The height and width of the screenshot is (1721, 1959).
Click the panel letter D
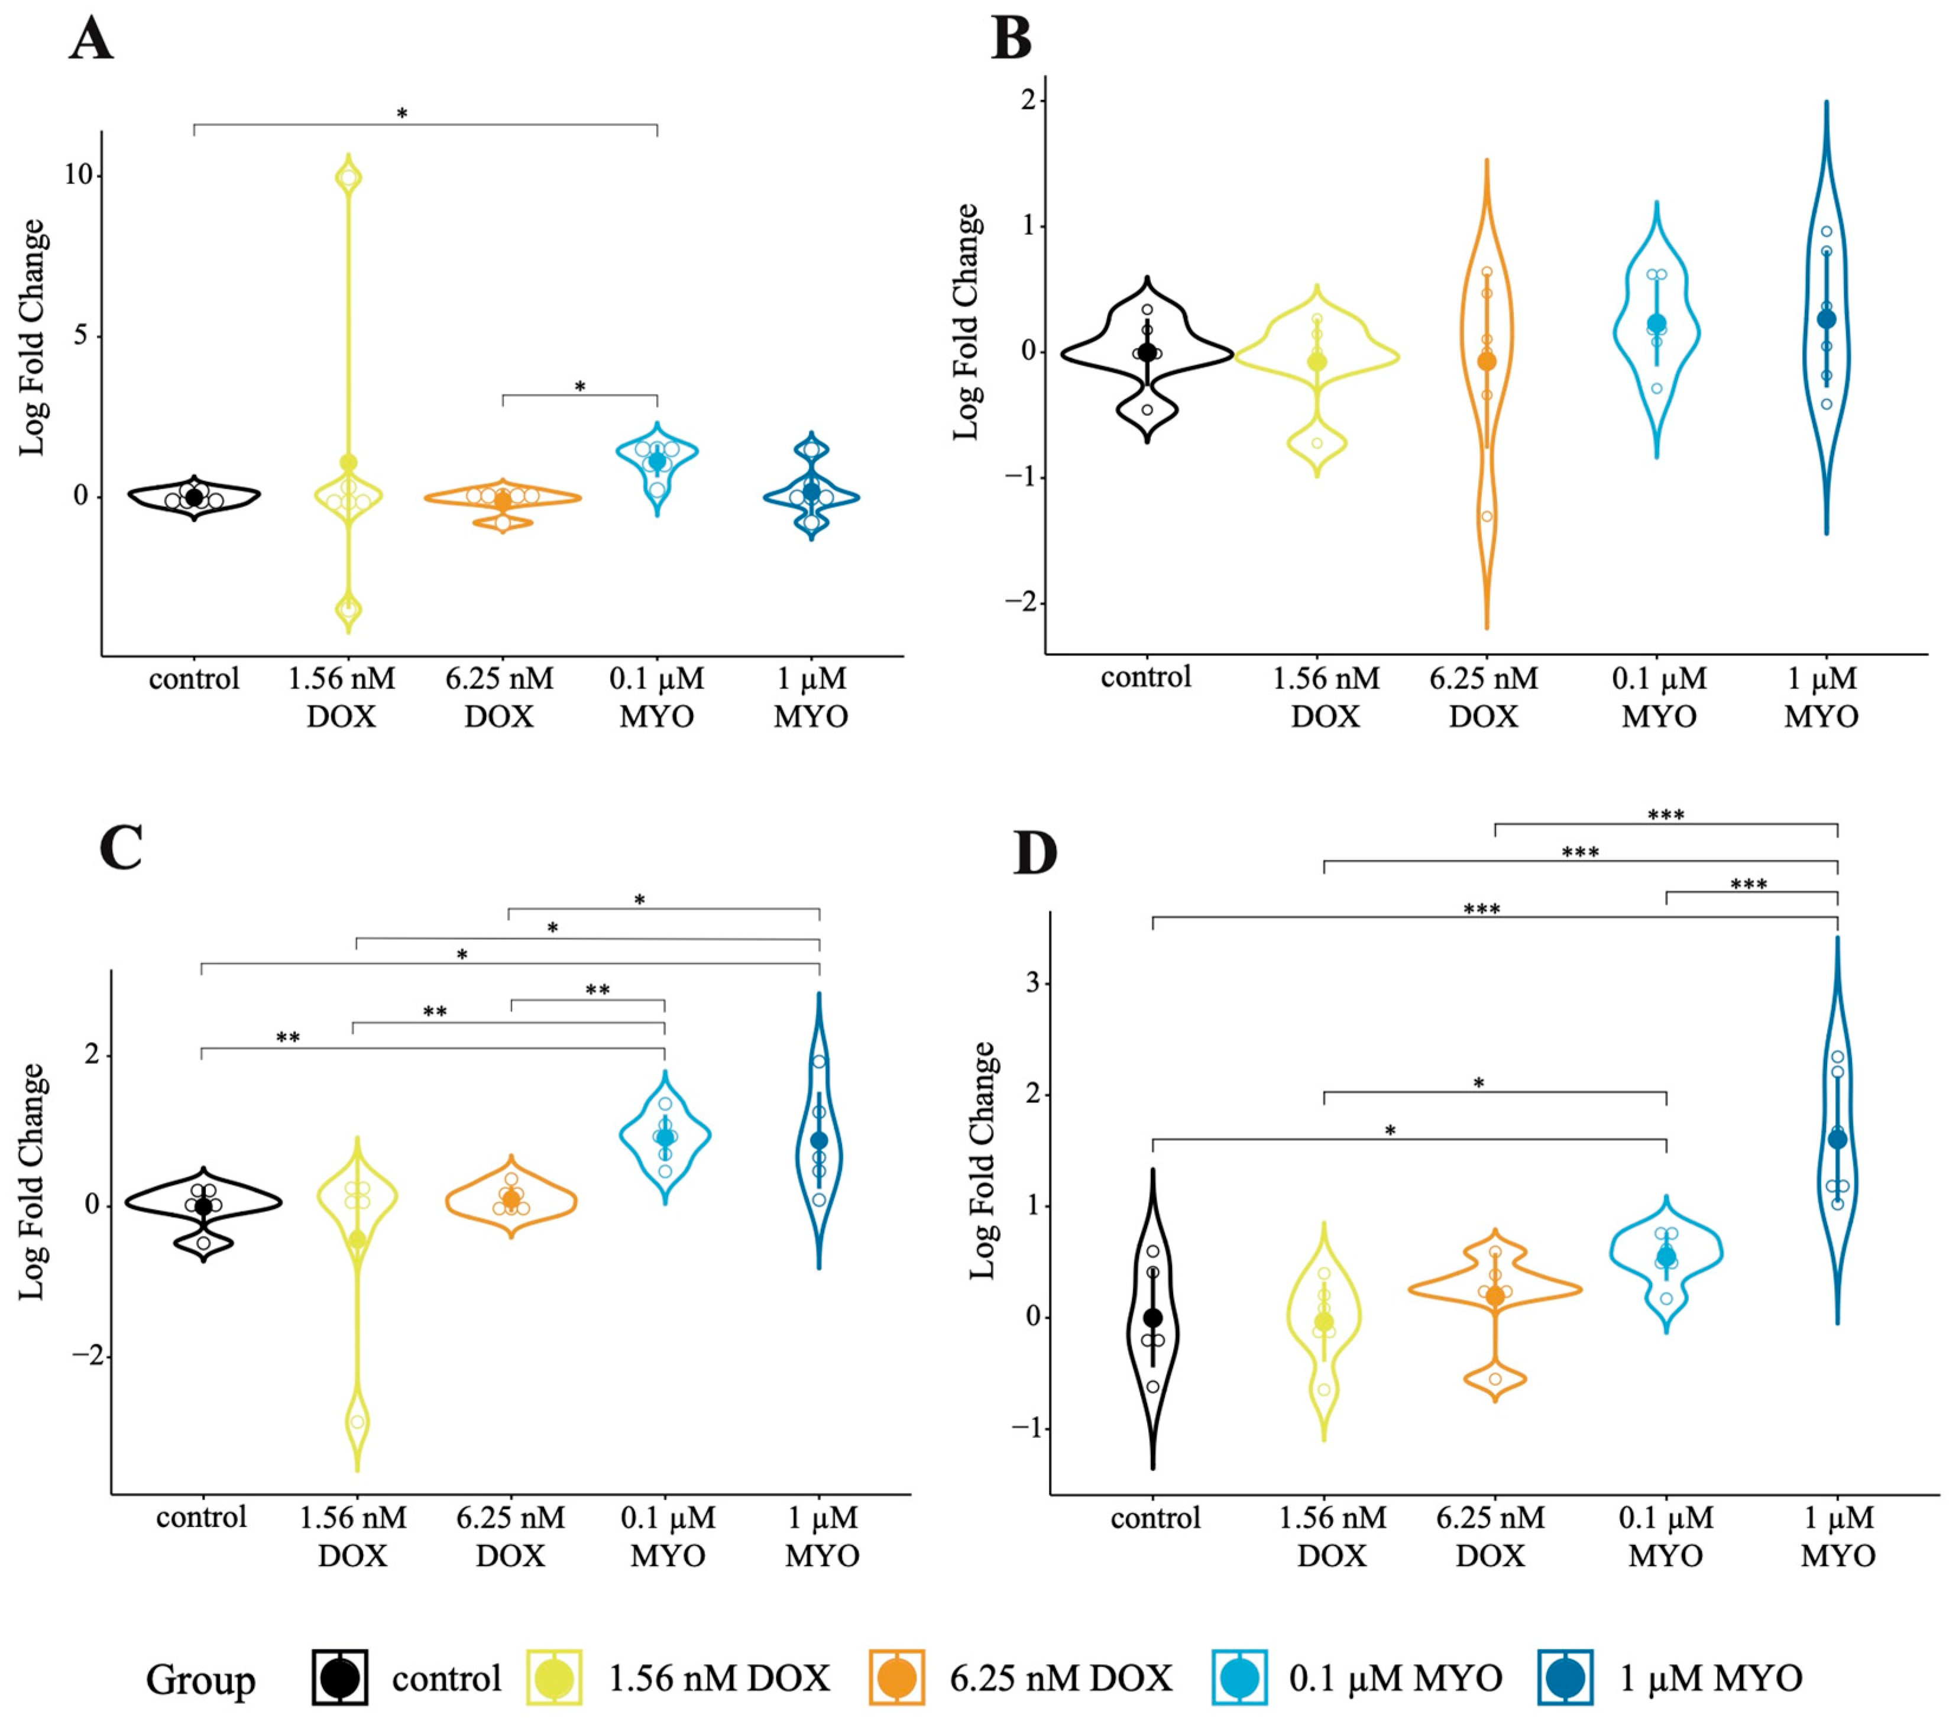point(1035,854)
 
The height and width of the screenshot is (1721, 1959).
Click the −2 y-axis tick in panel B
point(1020,602)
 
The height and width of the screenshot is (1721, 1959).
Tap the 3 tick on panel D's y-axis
point(1032,983)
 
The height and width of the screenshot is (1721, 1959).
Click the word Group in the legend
point(200,1680)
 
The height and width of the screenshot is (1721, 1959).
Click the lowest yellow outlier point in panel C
point(358,1421)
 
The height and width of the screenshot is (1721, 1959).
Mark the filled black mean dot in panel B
point(1147,353)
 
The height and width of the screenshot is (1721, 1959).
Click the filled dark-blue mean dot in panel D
point(1837,1139)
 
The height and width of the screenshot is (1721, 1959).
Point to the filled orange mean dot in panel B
point(1487,361)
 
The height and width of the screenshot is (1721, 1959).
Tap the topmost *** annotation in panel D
point(1666,815)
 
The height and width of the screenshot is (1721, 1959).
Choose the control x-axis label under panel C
point(201,1517)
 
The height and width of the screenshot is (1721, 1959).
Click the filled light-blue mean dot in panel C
point(664,1137)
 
